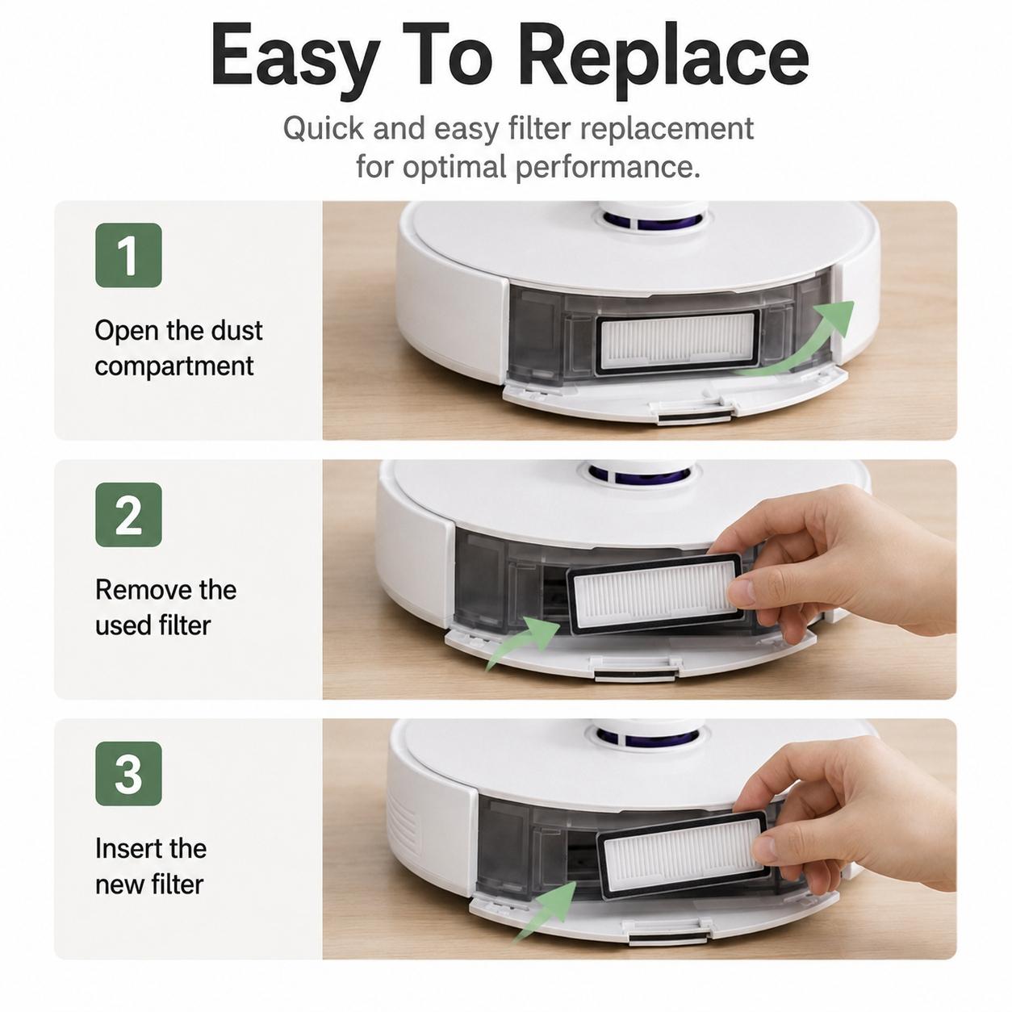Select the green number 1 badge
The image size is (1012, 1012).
click(x=128, y=255)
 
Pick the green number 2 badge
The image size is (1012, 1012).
click(x=128, y=514)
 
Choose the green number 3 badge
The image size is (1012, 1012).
click(x=128, y=774)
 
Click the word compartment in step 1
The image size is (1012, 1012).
click(x=174, y=366)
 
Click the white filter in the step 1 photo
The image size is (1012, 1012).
click(x=677, y=342)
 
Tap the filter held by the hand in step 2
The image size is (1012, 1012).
click(x=654, y=595)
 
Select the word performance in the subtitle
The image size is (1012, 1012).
click(x=608, y=168)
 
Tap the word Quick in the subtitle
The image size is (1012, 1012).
click(x=324, y=128)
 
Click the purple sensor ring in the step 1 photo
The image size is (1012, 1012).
click(x=650, y=221)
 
